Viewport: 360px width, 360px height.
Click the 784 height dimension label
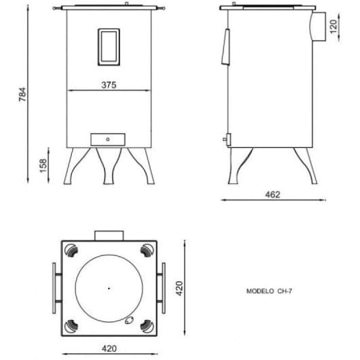click(22, 94)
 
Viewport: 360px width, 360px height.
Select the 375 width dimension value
click(109, 86)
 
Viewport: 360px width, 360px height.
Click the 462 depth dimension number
click(272, 194)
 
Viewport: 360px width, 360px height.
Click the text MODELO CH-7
click(269, 289)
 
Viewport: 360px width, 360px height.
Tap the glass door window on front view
click(109, 47)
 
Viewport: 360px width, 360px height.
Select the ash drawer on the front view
click(109, 139)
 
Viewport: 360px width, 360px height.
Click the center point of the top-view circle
click(109, 289)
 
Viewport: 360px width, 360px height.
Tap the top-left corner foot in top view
click(71, 250)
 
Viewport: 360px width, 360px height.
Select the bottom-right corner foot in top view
click(147, 327)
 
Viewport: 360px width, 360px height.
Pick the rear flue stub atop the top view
click(109, 235)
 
